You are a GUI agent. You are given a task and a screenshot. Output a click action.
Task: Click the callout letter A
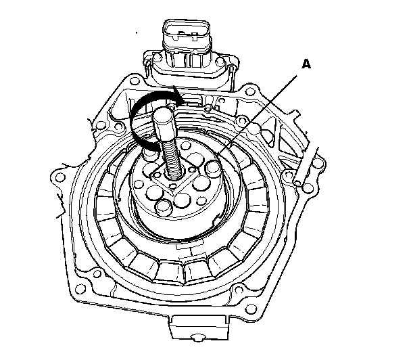click(x=306, y=64)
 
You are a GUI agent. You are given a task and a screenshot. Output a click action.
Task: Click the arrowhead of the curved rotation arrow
click(x=178, y=97)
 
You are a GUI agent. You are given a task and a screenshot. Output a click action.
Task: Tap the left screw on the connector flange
click(x=158, y=58)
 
